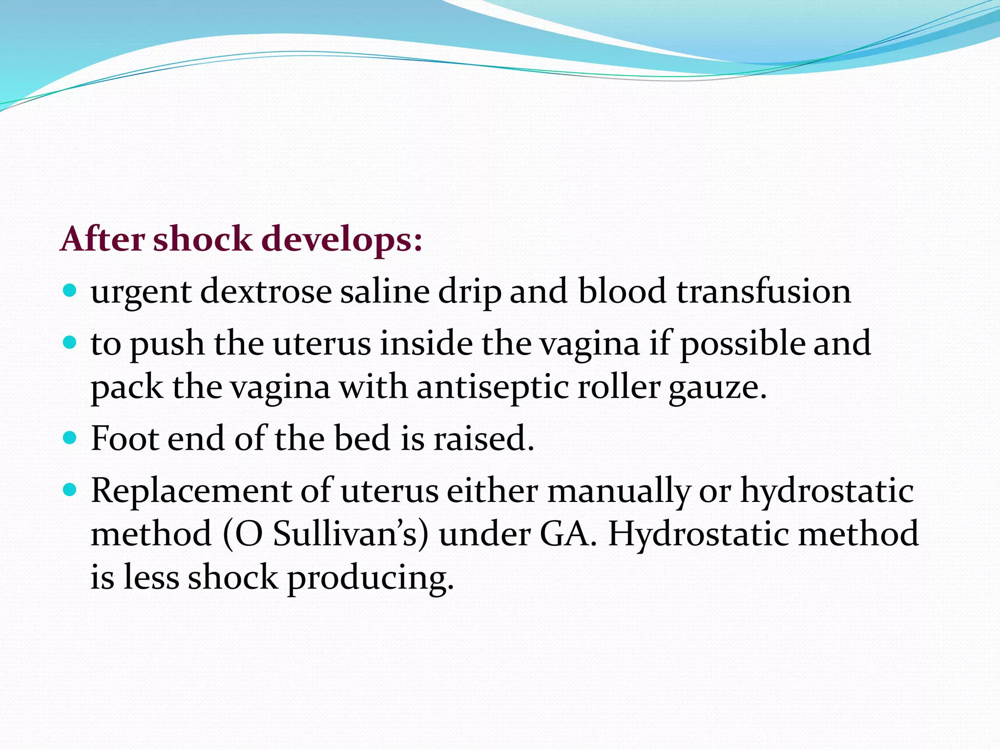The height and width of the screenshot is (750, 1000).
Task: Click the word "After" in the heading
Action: tap(103, 239)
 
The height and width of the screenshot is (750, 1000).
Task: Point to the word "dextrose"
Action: tap(266, 292)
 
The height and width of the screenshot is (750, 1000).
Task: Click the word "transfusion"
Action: tap(763, 292)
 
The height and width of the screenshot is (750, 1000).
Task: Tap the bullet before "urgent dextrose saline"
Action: tap(70, 292)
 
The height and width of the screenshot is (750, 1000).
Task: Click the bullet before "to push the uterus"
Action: tap(70, 343)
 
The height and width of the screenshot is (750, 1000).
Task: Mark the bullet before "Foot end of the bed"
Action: tap(70, 438)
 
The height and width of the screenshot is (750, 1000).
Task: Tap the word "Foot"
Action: tap(125, 438)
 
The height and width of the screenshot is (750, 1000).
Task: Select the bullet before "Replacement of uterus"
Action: tap(70, 490)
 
